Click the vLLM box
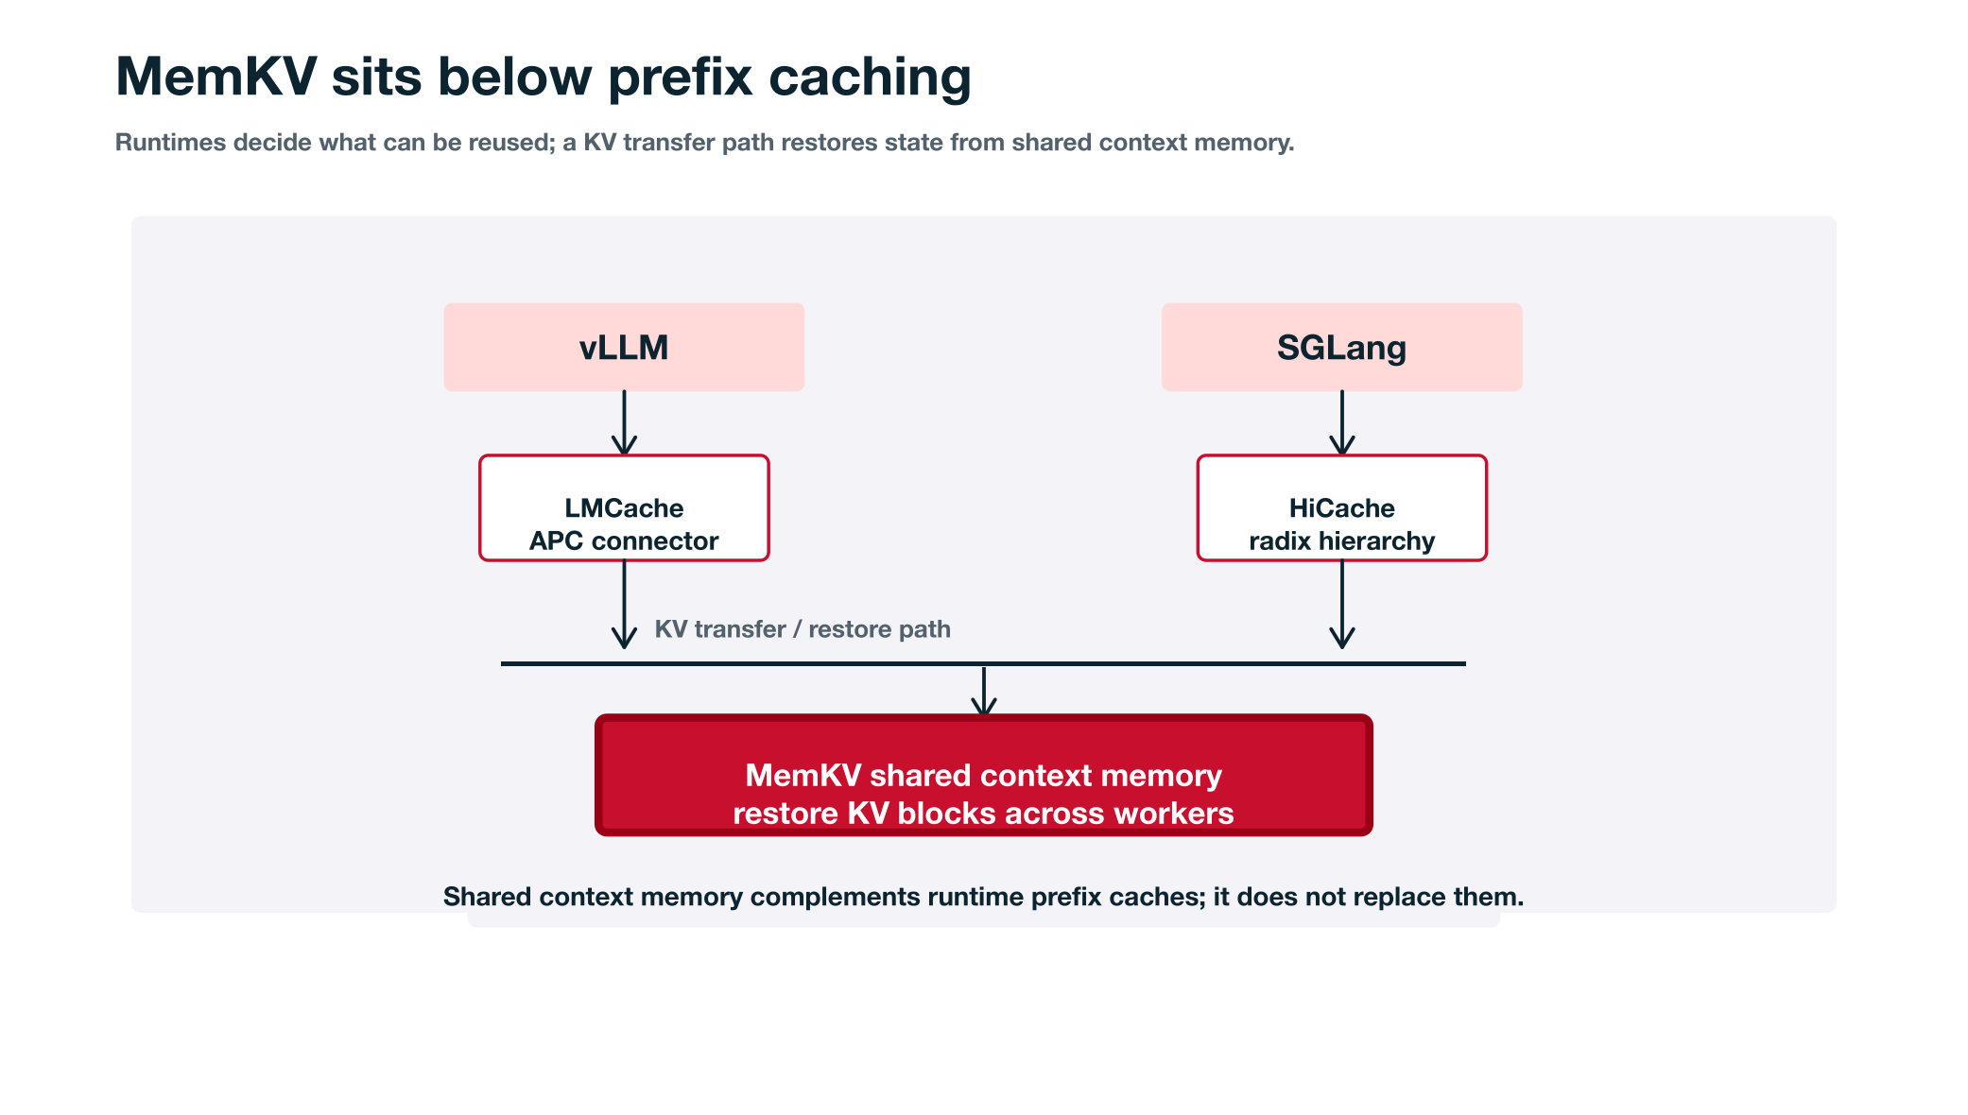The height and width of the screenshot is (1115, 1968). [624, 347]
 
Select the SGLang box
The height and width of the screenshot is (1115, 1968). [1341, 347]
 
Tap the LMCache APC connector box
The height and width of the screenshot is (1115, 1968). [624, 508]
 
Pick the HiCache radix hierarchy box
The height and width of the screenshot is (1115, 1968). [1341, 508]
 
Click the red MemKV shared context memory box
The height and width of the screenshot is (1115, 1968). [983, 775]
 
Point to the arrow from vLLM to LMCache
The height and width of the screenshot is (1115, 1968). [624, 423]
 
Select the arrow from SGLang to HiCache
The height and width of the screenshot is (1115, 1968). [1342, 423]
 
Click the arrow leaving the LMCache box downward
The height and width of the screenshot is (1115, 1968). [624, 605]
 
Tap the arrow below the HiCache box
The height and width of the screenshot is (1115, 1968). [1342, 605]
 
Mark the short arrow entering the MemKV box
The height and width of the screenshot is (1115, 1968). [984, 692]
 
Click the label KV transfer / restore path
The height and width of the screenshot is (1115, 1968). [803, 629]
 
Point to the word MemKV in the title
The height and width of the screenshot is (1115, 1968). [216, 77]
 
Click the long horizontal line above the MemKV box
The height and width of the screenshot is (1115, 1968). [983, 663]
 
